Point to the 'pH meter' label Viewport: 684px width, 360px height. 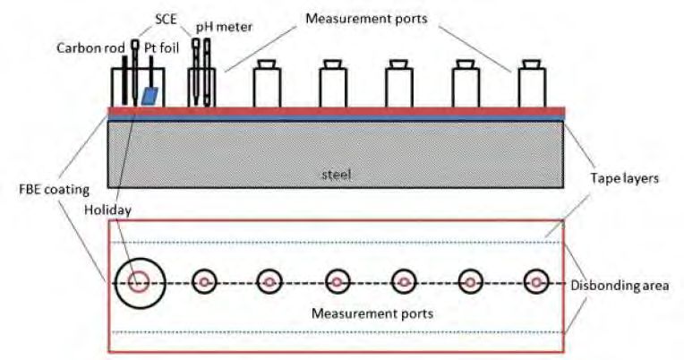click(x=223, y=28)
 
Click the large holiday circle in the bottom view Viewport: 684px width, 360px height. click(x=139, y=282)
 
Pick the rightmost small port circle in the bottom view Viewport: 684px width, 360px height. click(x=536, y=282)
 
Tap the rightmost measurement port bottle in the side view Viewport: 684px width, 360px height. click(x=532, y=84)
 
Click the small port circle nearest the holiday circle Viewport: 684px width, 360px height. click(x=204, y=282)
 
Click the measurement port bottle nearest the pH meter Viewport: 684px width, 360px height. click(x=267, y=84)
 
